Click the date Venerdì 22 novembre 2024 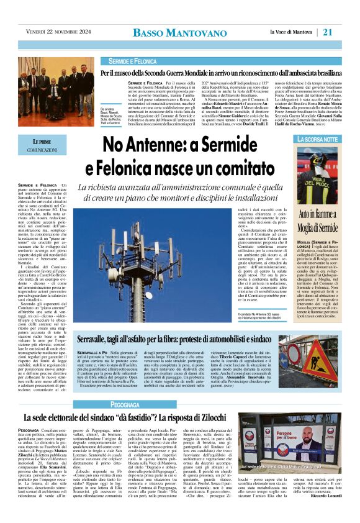tap(55, 32)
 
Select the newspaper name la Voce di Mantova tap(292, 32)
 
